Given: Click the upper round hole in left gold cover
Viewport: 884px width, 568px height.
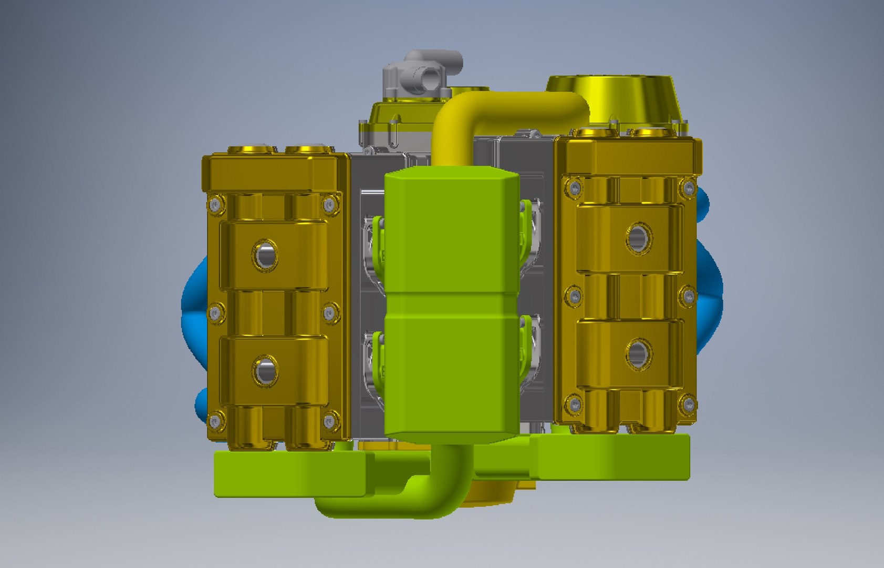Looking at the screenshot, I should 265,255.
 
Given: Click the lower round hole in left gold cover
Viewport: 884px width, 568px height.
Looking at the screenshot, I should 265,370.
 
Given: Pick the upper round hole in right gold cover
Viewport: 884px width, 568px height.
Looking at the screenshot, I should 639,238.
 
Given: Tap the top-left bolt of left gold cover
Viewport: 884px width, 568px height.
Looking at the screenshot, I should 215,204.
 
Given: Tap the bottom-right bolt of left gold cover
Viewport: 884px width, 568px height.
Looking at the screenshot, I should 330,421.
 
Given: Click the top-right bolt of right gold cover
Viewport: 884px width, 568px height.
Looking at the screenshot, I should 688,187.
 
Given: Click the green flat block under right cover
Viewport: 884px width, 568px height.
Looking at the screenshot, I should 615,458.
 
